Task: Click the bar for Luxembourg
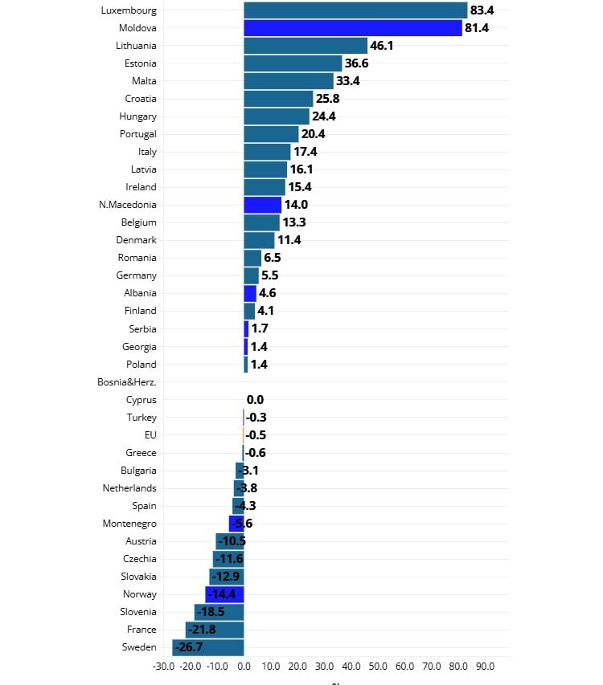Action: click(x=355, y=10)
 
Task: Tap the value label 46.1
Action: click(x=381, y=46)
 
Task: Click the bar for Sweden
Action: click(x=207, y=647)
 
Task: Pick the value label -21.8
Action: click(x=202, y=630)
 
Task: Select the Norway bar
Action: click(x=224, y=594)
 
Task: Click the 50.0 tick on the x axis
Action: click(x=378, y=666)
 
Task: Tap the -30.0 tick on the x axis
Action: click(x=163, y=666)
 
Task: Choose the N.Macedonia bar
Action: click(x=262, y=205)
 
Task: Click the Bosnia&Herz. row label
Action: click(x=127, y=382)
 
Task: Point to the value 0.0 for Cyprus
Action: click(x=255, y=400)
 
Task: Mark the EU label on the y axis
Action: click(x=150, y=435)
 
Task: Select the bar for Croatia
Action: click(x=278, y=99)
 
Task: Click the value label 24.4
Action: click(x=323, y=116)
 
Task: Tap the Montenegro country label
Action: click(x=129, y=524)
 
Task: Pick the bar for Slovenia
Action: click(x=219, y=612)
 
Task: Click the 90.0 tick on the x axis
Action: click(x=485, y=666)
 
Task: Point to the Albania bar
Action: click(x=250, y=293)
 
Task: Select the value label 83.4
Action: click(x=482, y=10)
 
